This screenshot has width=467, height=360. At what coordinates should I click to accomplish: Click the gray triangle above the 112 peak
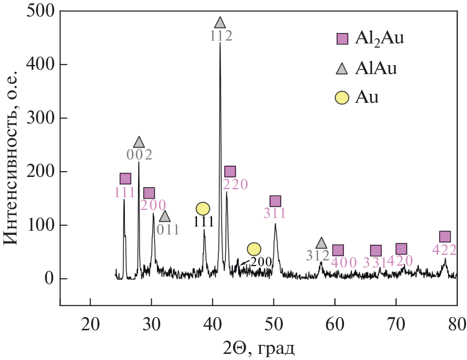220,22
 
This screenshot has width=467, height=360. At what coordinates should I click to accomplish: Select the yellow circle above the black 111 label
203,209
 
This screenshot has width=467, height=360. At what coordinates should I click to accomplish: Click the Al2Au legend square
342,39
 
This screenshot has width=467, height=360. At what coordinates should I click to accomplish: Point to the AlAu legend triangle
342,69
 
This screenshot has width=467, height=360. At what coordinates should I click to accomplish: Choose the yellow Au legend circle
342,98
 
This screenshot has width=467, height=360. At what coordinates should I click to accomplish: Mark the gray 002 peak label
139,155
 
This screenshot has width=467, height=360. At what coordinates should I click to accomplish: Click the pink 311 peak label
275,214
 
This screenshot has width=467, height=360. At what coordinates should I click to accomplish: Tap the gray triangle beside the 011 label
164,217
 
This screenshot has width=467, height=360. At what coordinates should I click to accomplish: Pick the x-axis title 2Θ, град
259,349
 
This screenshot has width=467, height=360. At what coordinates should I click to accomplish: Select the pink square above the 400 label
338,251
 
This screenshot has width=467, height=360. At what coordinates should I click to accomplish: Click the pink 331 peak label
375,263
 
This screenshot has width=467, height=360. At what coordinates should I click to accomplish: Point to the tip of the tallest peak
220,43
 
